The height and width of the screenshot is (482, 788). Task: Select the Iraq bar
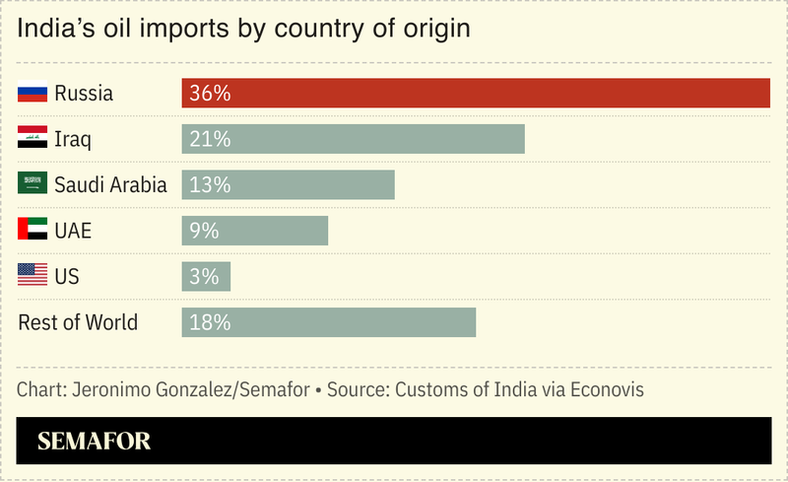pos(353,139)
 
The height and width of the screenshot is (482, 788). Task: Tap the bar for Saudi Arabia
pos(288,184)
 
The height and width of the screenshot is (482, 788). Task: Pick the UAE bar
pos(254,231)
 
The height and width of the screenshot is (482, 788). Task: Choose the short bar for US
pos(206,276)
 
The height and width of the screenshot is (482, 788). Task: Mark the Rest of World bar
pos(328,322)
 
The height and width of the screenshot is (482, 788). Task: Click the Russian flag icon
pos(33,94)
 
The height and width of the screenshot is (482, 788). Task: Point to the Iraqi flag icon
pos(33,139)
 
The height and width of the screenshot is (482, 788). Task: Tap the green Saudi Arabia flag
pos(33,184)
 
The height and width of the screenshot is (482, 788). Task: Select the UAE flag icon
pos(33,231)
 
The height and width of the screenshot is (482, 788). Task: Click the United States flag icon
pos(33,276)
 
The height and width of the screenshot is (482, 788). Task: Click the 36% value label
pos(210,94)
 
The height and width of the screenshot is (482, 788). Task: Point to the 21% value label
pos(210,139)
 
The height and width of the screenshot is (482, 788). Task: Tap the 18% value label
pos(210,322)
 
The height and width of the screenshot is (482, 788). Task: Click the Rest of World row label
pos(78,322)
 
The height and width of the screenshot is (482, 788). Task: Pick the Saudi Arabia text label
pos(110,184)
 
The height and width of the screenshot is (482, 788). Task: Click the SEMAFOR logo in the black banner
pos(95,441)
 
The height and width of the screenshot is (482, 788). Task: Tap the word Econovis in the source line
pos(602,389)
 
